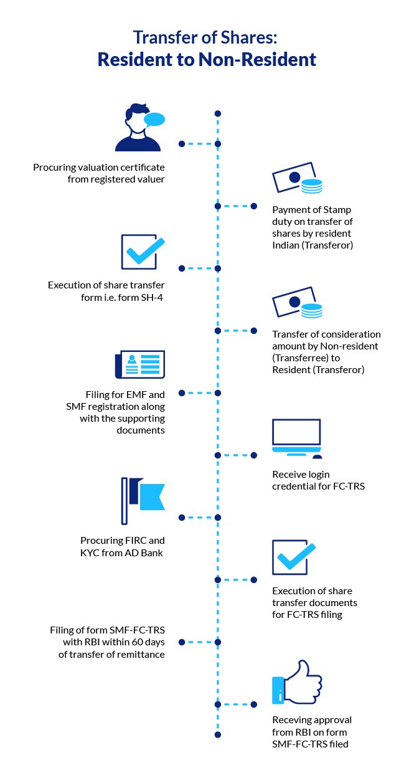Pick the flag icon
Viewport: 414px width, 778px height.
point(142,501)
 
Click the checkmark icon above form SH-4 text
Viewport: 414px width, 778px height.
point(142,252)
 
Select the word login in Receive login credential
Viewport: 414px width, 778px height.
point(318,475)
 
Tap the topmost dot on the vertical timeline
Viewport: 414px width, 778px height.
point(217,114)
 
